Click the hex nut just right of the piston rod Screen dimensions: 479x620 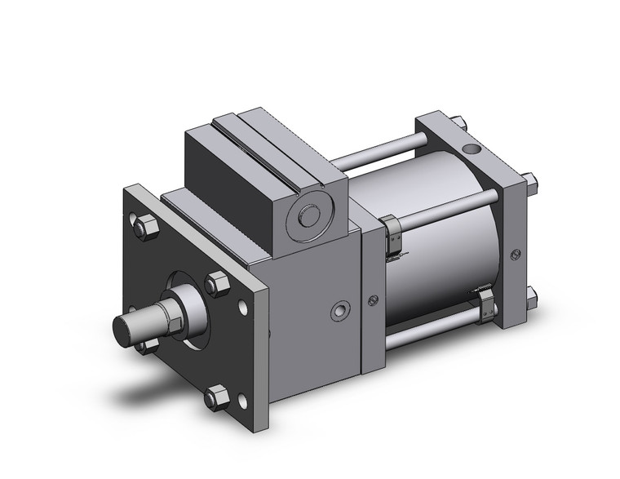pyautogui.click(x=217, y=285)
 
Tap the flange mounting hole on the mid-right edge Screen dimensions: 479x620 pyautogui.click(x=242, y=308)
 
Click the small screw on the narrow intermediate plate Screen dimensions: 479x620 pyautogui.click(x=373, y=299)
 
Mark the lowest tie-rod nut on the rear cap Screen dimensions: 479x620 pyautogui.click(x=530, y=296)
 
